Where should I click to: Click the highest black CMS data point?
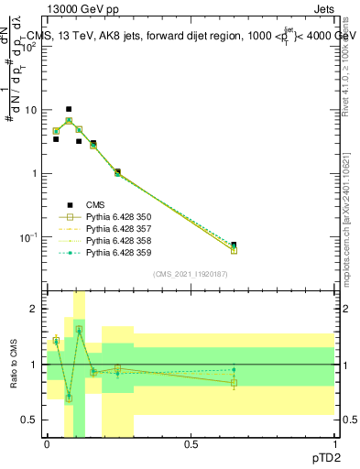69,109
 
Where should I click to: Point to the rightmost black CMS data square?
234,245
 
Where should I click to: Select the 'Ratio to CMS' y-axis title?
12,364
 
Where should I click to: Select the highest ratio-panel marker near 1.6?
79,329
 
